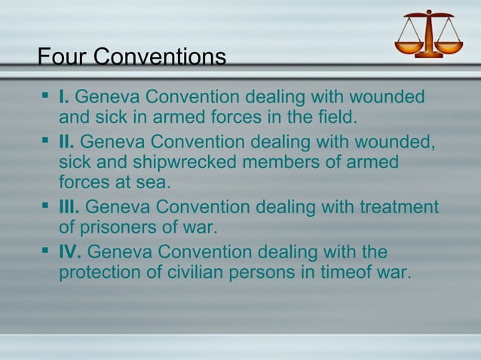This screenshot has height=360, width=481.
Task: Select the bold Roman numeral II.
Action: coord(67,141)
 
